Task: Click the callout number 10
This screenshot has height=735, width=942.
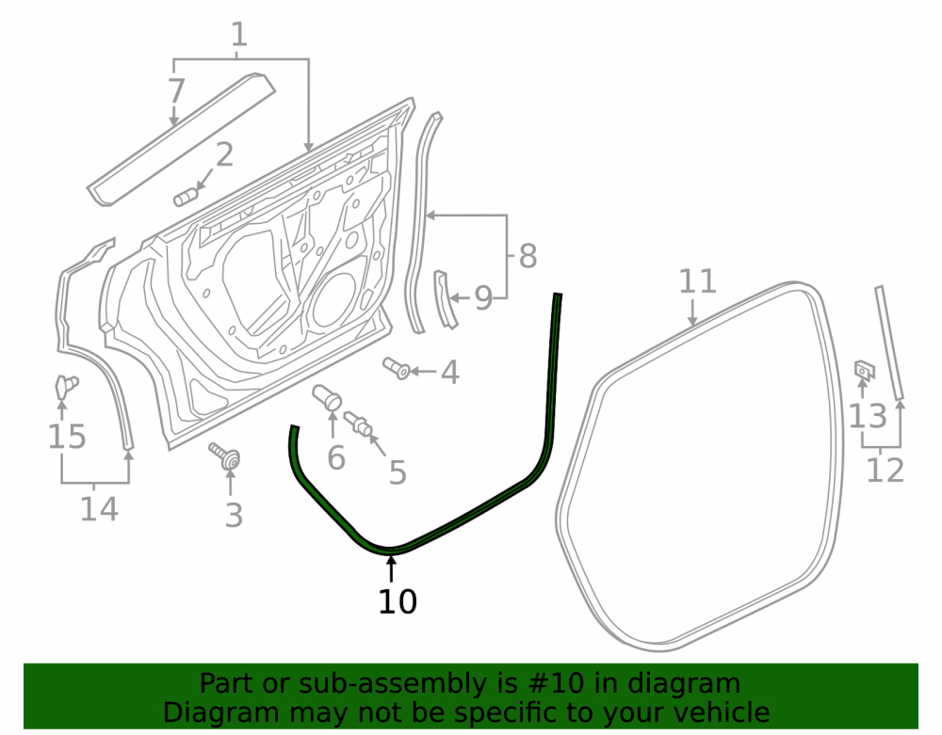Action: (x=398, y=601)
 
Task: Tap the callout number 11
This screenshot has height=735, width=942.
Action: (x=697, y=281)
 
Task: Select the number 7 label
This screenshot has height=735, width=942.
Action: (x=175, y=91)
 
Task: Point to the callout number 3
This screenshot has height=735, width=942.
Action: (x=234, y=516)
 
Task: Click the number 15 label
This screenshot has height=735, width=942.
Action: (x=67, y=436)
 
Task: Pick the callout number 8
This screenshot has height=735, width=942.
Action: (x=528, y=256)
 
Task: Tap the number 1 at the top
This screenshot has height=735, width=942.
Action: (x=239, y=34)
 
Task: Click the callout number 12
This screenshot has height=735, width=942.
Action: (x=885, y=470)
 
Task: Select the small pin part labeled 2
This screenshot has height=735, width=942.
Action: (x=185, y=197)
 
